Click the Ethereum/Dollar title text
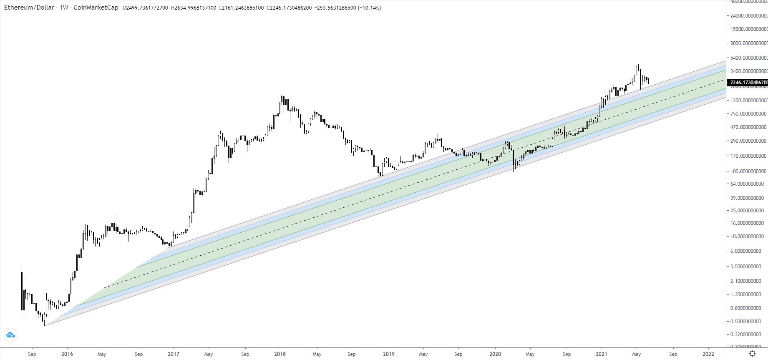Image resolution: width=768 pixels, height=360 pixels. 29,8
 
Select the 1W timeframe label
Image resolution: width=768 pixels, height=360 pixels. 64,8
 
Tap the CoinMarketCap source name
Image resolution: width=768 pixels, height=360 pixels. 96,8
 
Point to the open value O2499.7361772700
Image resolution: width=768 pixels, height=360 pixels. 145,8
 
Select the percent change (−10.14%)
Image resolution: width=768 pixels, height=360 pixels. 369,8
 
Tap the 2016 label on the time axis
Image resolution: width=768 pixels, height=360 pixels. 67,354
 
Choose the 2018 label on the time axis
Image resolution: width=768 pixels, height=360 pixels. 280,354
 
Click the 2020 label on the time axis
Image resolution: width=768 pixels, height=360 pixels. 495,354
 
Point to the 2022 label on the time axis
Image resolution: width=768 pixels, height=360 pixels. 708,354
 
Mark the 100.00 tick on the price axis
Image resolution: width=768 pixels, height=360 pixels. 749,171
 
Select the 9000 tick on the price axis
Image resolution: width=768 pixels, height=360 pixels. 749,43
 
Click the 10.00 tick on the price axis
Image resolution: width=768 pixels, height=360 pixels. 749,237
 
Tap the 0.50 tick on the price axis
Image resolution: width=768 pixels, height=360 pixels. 749,321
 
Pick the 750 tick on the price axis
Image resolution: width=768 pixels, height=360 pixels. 749,113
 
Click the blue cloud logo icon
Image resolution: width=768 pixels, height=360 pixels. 10,335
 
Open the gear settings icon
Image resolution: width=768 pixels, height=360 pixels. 752,354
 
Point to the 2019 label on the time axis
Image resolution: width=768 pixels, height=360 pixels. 388,354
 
